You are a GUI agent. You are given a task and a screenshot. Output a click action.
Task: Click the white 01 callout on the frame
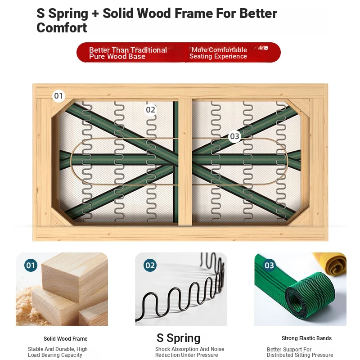coord(58,96)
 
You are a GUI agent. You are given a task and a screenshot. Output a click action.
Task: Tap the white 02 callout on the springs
coord(151,110)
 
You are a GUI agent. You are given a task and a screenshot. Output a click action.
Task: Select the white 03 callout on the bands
coord(234,136)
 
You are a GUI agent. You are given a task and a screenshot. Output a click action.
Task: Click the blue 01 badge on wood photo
coord(31,265)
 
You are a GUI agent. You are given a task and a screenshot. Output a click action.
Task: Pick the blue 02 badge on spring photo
coord(150,265)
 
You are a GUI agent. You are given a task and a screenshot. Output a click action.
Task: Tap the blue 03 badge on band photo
coord(269,265)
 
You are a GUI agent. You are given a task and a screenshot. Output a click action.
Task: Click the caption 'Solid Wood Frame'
coord(65,339)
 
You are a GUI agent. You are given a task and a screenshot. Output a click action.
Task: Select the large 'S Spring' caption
coord(178,338)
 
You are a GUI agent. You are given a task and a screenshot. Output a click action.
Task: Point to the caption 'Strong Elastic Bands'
coord(306,338)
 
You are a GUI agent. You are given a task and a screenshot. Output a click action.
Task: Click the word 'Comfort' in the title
coord(62,28)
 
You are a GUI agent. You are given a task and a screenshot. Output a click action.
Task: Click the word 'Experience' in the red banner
coord(230,56)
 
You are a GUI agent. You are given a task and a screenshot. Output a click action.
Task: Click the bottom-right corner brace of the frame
coord(298,217)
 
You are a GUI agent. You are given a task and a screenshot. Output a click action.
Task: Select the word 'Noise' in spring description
coord(217,349)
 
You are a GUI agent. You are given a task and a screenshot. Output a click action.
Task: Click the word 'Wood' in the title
coord(154,13)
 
